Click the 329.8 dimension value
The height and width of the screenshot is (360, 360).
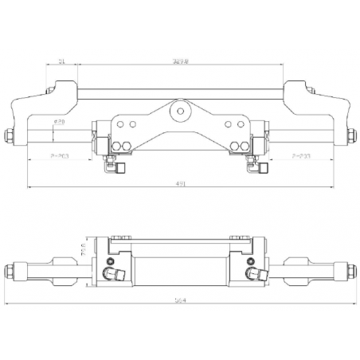pos(182,61)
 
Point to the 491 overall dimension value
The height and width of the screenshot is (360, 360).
pos(181,185)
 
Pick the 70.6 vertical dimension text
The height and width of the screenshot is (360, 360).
pos(82,254)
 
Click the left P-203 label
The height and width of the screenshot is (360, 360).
pos(58,156)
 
